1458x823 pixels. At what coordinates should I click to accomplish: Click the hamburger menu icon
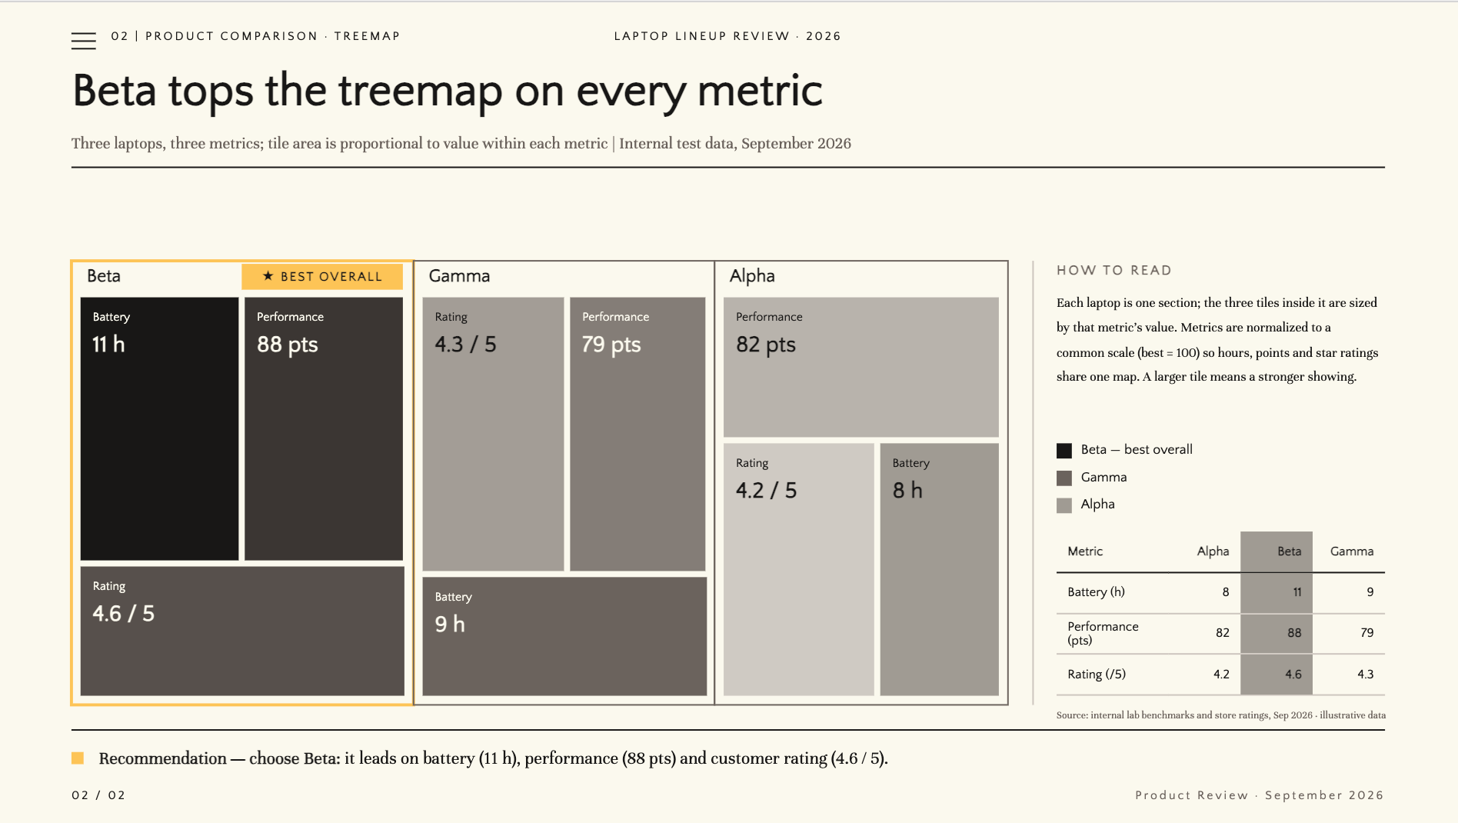pos(84,41)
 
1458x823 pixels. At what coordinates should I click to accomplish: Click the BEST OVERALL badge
pos(322,277)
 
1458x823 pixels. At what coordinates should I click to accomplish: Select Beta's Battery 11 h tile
pos(160,428)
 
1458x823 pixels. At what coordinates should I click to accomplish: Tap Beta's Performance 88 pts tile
pos(324,428)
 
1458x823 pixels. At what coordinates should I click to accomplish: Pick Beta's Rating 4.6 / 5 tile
pos(242,631)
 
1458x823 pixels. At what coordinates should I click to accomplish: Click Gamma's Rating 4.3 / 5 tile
pos(493,434)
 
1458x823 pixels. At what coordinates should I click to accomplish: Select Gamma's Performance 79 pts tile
pos(637,434)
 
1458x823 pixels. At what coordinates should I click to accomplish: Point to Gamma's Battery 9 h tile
pos(564,637)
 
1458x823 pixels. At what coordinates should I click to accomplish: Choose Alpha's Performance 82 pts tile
pos(861,367)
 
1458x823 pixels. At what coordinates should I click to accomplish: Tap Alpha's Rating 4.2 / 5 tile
pos(799,569)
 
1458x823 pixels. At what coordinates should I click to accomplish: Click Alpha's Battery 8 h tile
pos(940,569)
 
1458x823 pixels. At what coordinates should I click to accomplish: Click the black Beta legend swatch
pos(1064,451)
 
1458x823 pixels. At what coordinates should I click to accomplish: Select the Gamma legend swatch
pos(1064,478)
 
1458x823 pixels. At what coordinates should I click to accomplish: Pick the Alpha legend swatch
pos(1064,505)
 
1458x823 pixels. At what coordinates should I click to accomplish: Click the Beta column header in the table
pos(1290,551)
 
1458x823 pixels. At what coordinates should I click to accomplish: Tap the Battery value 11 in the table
pos(1297,592)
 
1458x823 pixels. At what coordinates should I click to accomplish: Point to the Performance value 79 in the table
pos(1366,633)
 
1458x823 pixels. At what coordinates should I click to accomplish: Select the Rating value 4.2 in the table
pos(1221,675)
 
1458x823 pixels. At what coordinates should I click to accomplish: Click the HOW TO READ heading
pos(1114,271)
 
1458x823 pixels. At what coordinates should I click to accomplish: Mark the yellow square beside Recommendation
pos(78,758)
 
